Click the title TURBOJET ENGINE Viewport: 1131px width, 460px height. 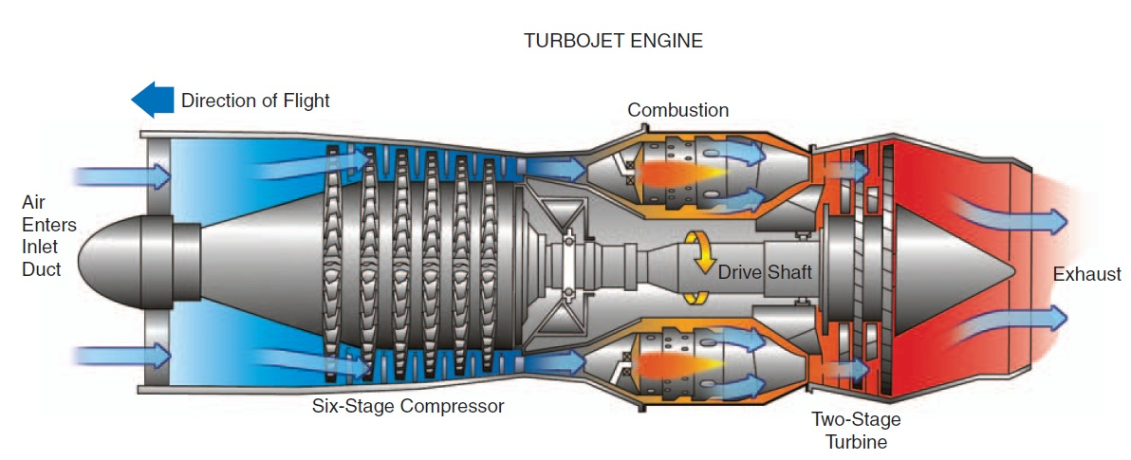click(x=613, y=42)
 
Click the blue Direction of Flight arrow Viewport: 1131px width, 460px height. click(x=152, y=99)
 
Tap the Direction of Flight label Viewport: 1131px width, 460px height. click(x=255, y=100)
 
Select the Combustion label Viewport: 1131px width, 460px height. click(x=677, y=110)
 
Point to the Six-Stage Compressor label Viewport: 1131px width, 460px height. click(x=408, y=407)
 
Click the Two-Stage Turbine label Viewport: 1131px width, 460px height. click(x=855, y=430)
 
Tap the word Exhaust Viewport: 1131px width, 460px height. click(x=1086, y=274)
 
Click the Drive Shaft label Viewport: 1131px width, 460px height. click(x=764, y=272)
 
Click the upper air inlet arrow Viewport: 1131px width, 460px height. click(x=123, y=176)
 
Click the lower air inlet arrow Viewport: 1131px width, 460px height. click(x=123, y=357)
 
